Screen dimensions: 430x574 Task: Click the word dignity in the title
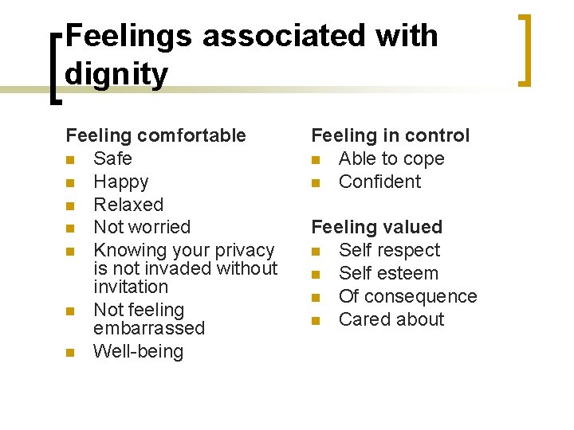click(x=116, y=75)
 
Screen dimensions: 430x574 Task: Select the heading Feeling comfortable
click(x=155, y=135)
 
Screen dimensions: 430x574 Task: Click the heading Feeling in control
click(x=390, y=135)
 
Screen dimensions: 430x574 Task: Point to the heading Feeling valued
click(x=376, y=227)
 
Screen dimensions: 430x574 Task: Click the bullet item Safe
click(x=112, y=158)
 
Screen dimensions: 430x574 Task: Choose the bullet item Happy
click(x=120, y=182)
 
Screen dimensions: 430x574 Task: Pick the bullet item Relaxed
click(x=128, y=205)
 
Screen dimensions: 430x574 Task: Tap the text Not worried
click(x=142, y=227)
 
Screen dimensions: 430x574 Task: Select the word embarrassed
click(x=149, y=328)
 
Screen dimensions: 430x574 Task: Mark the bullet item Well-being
click(x=138, y=351)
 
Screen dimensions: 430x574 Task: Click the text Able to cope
click(x=391, y=158)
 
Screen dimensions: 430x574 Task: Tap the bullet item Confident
click(x=379, y=182)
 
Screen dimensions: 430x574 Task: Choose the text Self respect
click(x=389, y=250)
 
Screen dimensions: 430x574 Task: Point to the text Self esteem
click(x=388, y=273)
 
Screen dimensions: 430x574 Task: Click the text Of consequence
click(x=407, y=296)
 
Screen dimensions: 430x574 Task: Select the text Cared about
click(x=391, y=319)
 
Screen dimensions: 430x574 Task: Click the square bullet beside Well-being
click(x=71, y=352)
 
